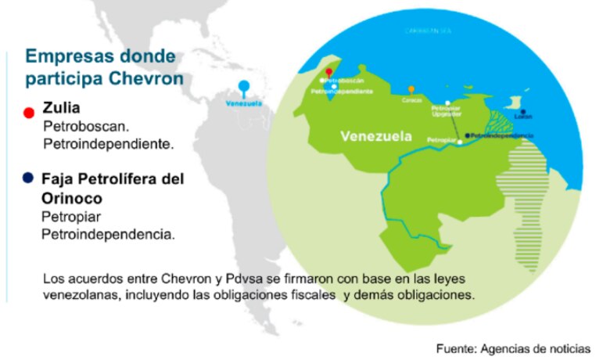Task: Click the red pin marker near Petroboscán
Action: click(329, 71)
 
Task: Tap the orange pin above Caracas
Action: click(411, 90)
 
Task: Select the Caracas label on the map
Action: click(412, 100)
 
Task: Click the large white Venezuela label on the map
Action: click(376, 136)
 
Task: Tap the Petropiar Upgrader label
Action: click(447, 111)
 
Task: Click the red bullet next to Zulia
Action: click(29, 112)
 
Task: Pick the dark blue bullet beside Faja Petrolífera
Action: click(29, 179)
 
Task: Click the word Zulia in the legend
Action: click(63, 108)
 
